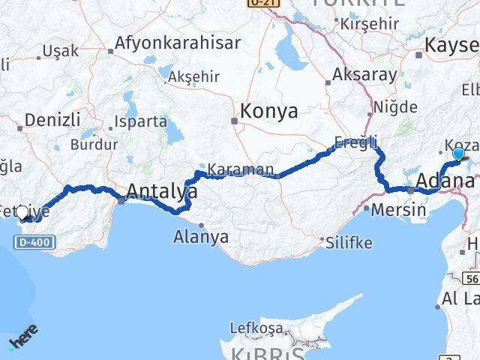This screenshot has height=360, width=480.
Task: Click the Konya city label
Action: pos(268,112)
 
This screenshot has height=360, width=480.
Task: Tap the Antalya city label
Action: pos(161,193)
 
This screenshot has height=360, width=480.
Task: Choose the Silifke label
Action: pos(349,242)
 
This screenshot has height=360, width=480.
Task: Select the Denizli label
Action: pos(52,119)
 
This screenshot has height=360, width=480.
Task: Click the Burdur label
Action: pos(94,144)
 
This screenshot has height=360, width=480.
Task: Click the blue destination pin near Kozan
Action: pos(459,155)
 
